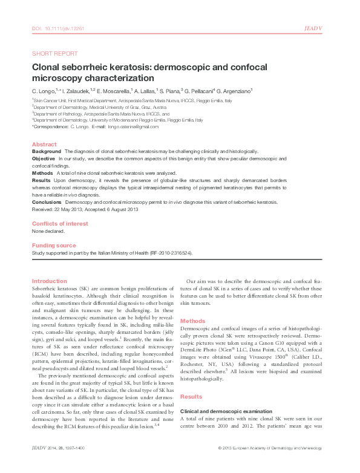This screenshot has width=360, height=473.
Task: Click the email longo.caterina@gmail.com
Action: (x=133, y=128)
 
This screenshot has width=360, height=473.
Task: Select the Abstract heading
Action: (x=44, y=145)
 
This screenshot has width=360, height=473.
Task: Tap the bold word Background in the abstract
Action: (x=47, y=151)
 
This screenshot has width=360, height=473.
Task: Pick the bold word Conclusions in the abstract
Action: (x=48, y=203)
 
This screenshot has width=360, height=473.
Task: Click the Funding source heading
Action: (x=54, y=245)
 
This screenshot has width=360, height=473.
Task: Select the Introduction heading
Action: (x=49, y=281)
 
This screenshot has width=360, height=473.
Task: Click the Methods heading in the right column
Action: (x=193, y=321)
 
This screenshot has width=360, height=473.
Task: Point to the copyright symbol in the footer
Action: (x=219, y=465)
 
